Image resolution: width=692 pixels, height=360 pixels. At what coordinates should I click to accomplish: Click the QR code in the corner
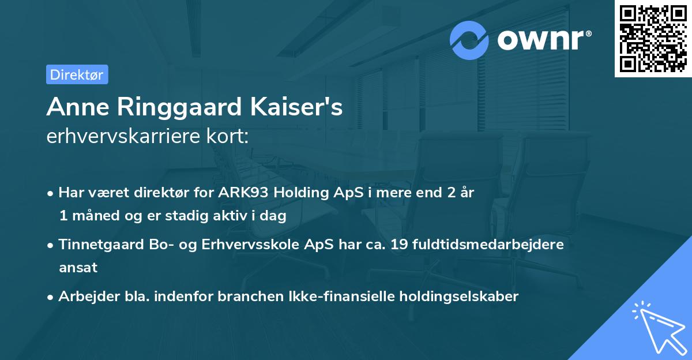[653, 39]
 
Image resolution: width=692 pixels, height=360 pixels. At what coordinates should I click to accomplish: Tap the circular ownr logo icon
[469, 40]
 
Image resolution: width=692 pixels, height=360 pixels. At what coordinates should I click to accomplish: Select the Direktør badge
[77, 74]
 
